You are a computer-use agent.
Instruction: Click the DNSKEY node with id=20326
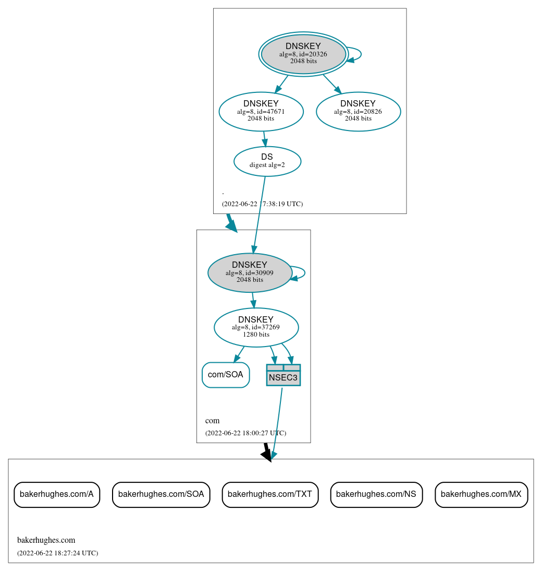pos(303,54)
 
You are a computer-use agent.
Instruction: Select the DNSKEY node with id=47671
pos(261,111)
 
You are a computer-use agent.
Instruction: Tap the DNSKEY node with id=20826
pos(358,111)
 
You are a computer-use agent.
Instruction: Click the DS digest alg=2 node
pos(267,161)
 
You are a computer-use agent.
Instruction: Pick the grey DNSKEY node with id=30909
pos(250,272)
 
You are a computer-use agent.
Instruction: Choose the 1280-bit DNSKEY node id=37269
pos(256,327)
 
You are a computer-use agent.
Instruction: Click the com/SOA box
pos(226,375)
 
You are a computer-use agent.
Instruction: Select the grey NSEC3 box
pos(283,375)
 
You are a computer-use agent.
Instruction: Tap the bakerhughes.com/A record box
pos(57,494)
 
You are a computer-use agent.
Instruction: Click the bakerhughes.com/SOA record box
pos(161,494)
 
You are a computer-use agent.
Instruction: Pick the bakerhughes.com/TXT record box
pos(270,494)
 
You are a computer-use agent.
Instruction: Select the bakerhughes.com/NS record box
pos(376,494)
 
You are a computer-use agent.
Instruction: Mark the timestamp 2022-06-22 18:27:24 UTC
pos(57,553)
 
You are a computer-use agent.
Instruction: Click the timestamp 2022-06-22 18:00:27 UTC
pos(245,433)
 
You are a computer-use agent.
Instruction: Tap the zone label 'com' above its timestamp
pos(212,421)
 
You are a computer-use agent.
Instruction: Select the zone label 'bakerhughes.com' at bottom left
pos(46,540)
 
